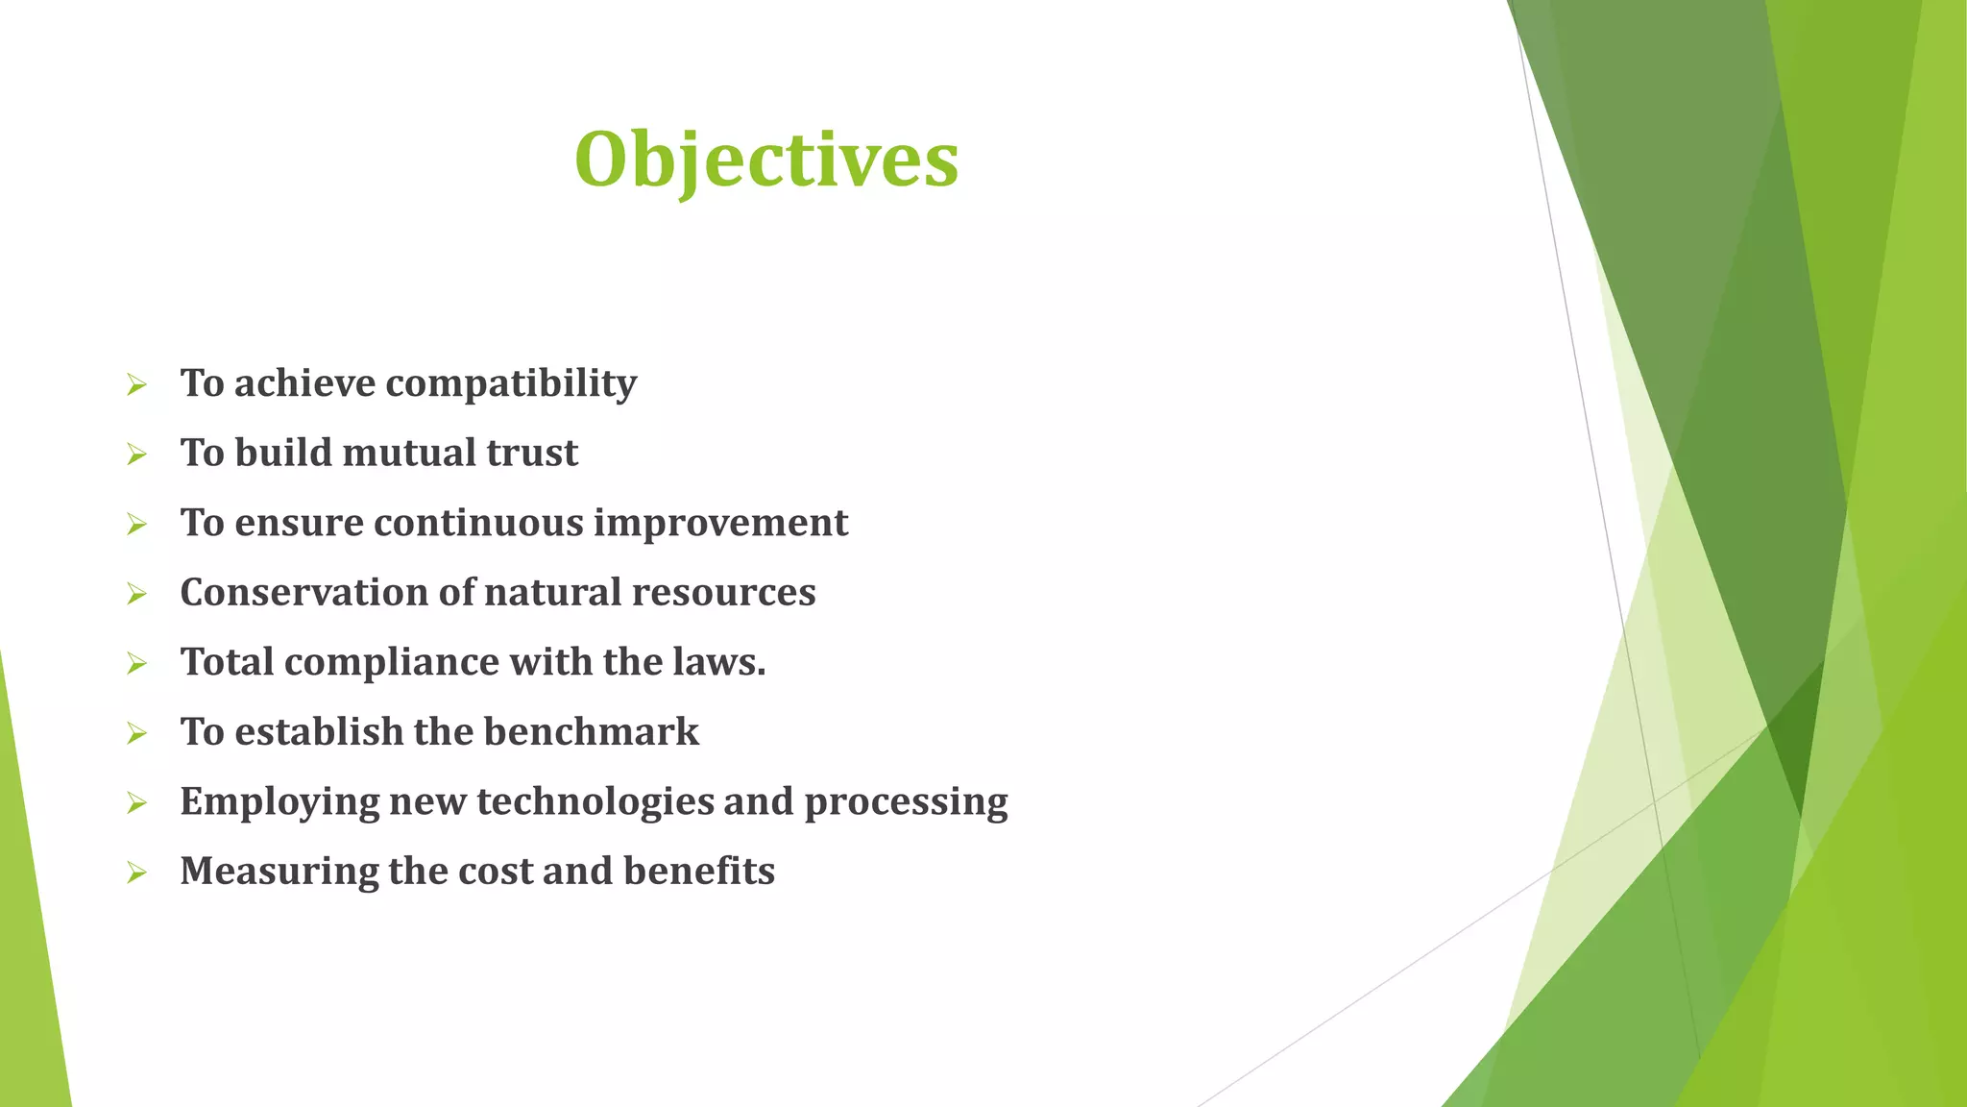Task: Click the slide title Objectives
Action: point(765,160)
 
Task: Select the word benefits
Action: point(698,872)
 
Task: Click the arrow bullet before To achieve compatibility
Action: point(136,386)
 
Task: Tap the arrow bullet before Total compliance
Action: point(136,665)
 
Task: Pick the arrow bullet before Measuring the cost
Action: point(136,873)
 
